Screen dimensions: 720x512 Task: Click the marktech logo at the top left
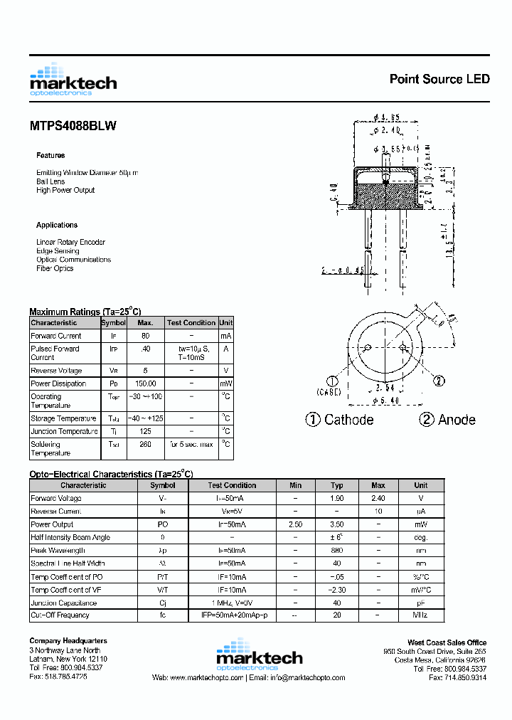click(73, 80)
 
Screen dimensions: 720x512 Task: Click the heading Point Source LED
click(439, 79)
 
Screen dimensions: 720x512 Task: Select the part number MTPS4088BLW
click(73, 126)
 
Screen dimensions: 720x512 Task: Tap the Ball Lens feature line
click(50, 181)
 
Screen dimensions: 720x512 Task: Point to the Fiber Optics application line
click(55, 268)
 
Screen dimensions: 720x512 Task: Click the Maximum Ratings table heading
click(85, 312)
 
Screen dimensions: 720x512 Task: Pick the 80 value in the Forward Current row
click(146, 336)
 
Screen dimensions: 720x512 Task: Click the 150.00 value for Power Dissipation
click(146, 383)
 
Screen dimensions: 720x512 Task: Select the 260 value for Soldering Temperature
click(146, 444)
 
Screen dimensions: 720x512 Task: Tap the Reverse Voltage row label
click(56, 371)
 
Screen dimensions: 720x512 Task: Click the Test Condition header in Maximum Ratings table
click(191, 322)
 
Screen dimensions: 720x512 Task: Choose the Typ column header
click(337, 485)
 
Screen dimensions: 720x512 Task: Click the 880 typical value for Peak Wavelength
click(337, 551)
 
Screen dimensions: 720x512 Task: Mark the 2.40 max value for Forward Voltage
click(378, 499)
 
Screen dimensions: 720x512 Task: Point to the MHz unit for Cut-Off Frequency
click(422, 615)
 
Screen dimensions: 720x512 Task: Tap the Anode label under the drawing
click(457, 420)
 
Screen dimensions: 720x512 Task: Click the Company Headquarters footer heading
click(68, 641)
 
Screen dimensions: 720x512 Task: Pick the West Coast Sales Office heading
click(447, 642)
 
